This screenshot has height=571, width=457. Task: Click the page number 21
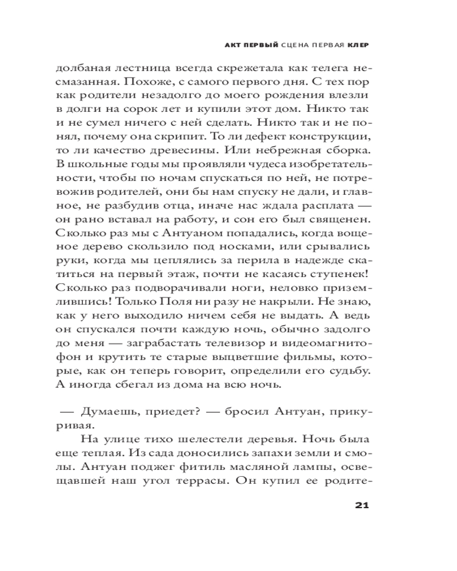(363, 505)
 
